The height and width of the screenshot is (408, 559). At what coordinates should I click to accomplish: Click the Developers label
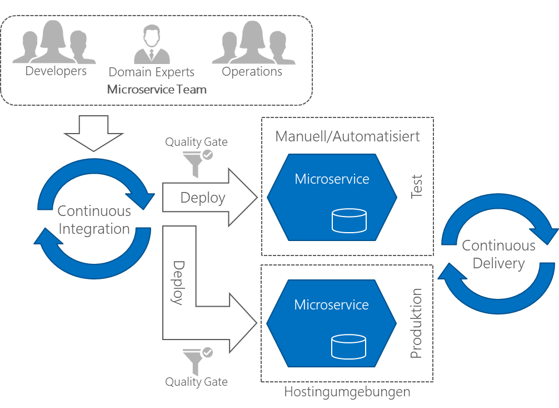click(x=56, y=71)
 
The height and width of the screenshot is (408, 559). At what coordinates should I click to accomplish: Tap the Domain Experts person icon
click(x=152, y=44)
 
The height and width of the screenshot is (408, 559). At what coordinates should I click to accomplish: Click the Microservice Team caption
click(x=157, y=89)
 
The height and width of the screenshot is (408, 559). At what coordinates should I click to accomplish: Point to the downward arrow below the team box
click(x=94, y=133)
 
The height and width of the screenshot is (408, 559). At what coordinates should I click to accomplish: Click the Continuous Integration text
click(x=94, y=220)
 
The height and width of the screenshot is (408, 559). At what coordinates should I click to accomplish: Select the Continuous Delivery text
click(x=498, y=254)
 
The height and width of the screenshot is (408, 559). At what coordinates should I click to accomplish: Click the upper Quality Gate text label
click(x=196, y=142)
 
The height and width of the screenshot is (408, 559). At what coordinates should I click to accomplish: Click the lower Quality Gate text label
click(x=196, y=382)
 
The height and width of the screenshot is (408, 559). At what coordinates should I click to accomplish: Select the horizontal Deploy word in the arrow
click(x=202, y=198)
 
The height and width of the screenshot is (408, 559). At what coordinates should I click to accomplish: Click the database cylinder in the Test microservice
click(x=349, y=220)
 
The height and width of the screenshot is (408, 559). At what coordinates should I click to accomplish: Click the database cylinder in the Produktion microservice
click(x=348, y=346)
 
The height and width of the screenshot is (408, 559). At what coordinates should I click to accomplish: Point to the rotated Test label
click(x=416, y=186)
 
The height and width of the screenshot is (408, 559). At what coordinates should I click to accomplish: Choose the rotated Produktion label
click(x=416, y=323)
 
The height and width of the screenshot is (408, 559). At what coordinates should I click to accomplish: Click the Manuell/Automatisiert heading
click(x=347, y=136)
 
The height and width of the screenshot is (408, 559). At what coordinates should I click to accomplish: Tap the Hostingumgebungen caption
click(x=347, y=392)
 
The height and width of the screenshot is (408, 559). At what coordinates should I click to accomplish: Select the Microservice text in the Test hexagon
click(x=332, y=179)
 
